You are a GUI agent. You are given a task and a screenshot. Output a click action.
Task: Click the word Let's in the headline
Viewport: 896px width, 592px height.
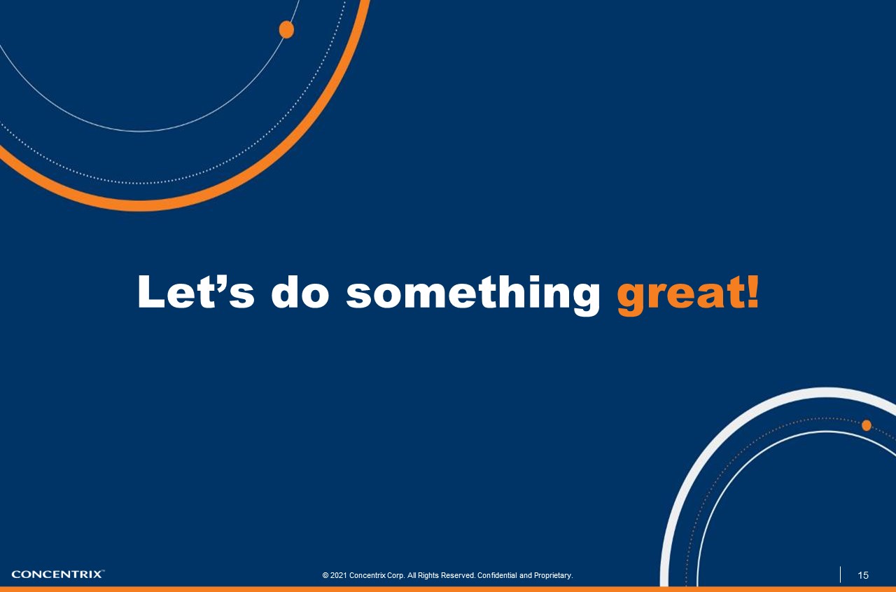tap(195, 291)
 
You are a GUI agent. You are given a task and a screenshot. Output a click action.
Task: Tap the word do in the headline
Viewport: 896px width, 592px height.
tap(300, 291)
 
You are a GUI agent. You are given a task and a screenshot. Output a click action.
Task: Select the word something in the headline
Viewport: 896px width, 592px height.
tap(473, 293)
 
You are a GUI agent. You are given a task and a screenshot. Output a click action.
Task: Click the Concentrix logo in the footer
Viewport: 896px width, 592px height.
tap(57, 574)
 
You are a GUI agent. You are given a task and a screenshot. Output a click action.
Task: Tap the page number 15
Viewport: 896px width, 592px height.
tap(863, 575)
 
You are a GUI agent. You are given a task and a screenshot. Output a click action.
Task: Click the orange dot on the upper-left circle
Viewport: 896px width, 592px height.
tap(286, 29)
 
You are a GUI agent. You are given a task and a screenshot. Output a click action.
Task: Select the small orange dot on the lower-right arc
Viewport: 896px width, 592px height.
tap(867, 425)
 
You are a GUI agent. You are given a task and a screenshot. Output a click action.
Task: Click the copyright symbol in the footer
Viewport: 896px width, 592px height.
tap(325, 576)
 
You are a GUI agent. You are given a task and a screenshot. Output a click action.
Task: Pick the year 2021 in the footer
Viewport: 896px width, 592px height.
tap(339, 576)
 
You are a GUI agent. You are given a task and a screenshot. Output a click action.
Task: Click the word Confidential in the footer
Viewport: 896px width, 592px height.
tap(497, 576)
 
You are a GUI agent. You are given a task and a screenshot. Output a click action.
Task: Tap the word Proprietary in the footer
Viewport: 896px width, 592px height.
tap(553, 576)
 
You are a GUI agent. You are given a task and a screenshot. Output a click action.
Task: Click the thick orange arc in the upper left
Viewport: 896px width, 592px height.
tap(140, 205)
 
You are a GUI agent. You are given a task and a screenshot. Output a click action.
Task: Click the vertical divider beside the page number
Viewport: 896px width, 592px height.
tap(840, 574)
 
